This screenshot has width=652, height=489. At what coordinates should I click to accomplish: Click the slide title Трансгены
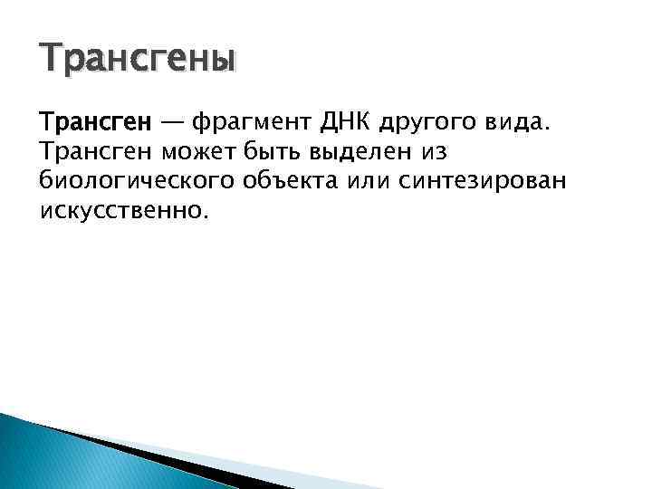pyautogui.click(x=138, y=61)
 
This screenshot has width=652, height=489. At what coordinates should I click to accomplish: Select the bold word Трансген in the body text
pyautogui.click(x=90, y=120)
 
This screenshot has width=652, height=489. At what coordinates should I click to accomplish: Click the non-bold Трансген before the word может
pyautogui.click(x=95, y=150)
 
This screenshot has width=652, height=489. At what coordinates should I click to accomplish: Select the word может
pyautogui.click(x=200, y=150)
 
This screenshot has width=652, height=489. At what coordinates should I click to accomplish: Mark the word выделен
pyautogui.click(x=370, y=150)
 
